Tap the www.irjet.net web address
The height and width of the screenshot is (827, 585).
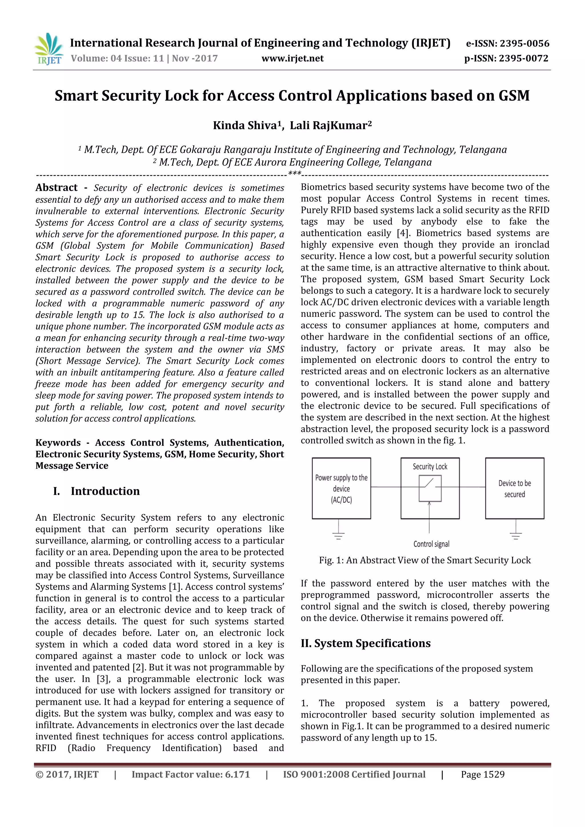(292, 58)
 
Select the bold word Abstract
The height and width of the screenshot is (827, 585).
(56, 188)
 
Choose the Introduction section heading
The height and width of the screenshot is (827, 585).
(105, 491)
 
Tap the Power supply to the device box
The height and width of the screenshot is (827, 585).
(341, 488)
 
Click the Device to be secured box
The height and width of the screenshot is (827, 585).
(514, 488)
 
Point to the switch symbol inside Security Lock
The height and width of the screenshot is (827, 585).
(430, 488)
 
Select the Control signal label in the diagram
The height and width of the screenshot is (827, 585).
(431, 544)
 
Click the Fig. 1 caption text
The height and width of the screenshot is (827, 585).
(424, 560)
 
